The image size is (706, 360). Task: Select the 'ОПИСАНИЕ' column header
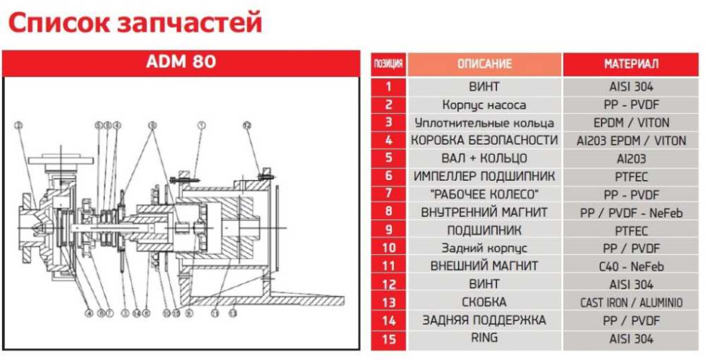point(484,64)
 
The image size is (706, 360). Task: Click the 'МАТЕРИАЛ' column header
point(631,64)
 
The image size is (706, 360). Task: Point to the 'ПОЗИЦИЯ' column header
point(389,64)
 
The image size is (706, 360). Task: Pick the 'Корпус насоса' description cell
point(484,104)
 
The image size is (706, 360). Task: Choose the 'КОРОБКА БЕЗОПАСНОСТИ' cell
point(484,140)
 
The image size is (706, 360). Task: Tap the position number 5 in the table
point(389,158)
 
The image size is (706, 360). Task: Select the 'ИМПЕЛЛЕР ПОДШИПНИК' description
point(484,176)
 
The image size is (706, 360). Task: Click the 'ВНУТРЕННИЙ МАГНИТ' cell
point(484,212)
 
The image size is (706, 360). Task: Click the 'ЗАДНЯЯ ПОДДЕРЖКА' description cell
point(484,320)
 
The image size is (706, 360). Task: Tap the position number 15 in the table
point(389,338)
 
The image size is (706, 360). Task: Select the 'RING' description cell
point(484,338)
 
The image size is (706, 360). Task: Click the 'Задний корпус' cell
point(484,248)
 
